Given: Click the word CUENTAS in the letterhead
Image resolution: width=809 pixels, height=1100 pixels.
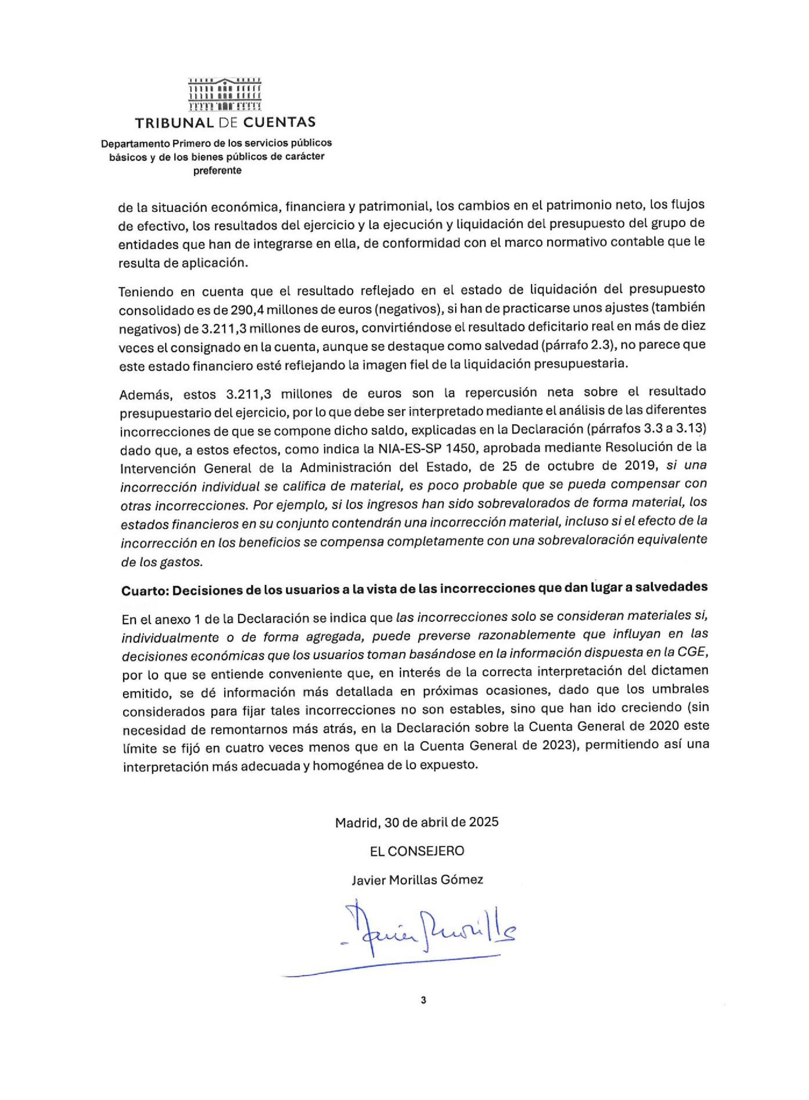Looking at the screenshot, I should coord(279,122).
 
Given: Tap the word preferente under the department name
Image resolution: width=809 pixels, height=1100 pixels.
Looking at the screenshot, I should coord(217,171).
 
